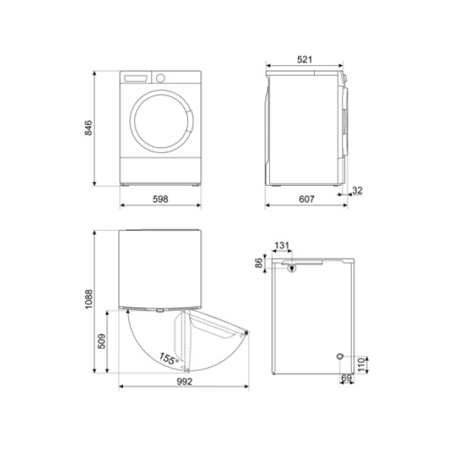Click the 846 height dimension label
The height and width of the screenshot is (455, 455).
[x=88, y=127]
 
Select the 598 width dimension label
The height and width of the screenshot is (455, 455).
[x=160, y=199]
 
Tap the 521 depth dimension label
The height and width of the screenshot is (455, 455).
[x=305, y=59]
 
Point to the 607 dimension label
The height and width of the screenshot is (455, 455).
[x=306, y=199]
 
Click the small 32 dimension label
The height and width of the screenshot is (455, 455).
[x=357, y=190]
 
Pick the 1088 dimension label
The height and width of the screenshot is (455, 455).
[x=88, y=299]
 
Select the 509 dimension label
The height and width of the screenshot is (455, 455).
[x=102, y=341]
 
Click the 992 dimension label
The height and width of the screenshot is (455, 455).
[x=184, y=381]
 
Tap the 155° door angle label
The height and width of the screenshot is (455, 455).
[x=168, y=359]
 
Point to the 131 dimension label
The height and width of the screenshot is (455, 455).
[x=282, y=246]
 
